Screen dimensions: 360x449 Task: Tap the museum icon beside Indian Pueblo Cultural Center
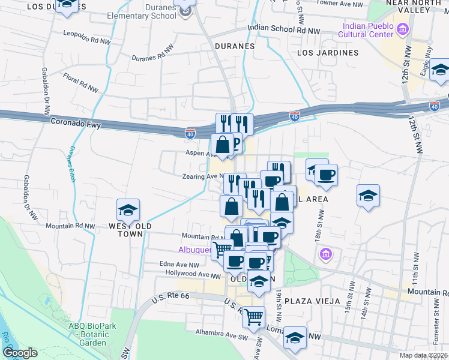point(403,28)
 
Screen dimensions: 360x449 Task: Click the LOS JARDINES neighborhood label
point(327,53)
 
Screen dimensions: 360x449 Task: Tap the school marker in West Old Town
point(128,211)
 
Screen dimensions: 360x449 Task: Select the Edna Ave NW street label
point(177,265)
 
